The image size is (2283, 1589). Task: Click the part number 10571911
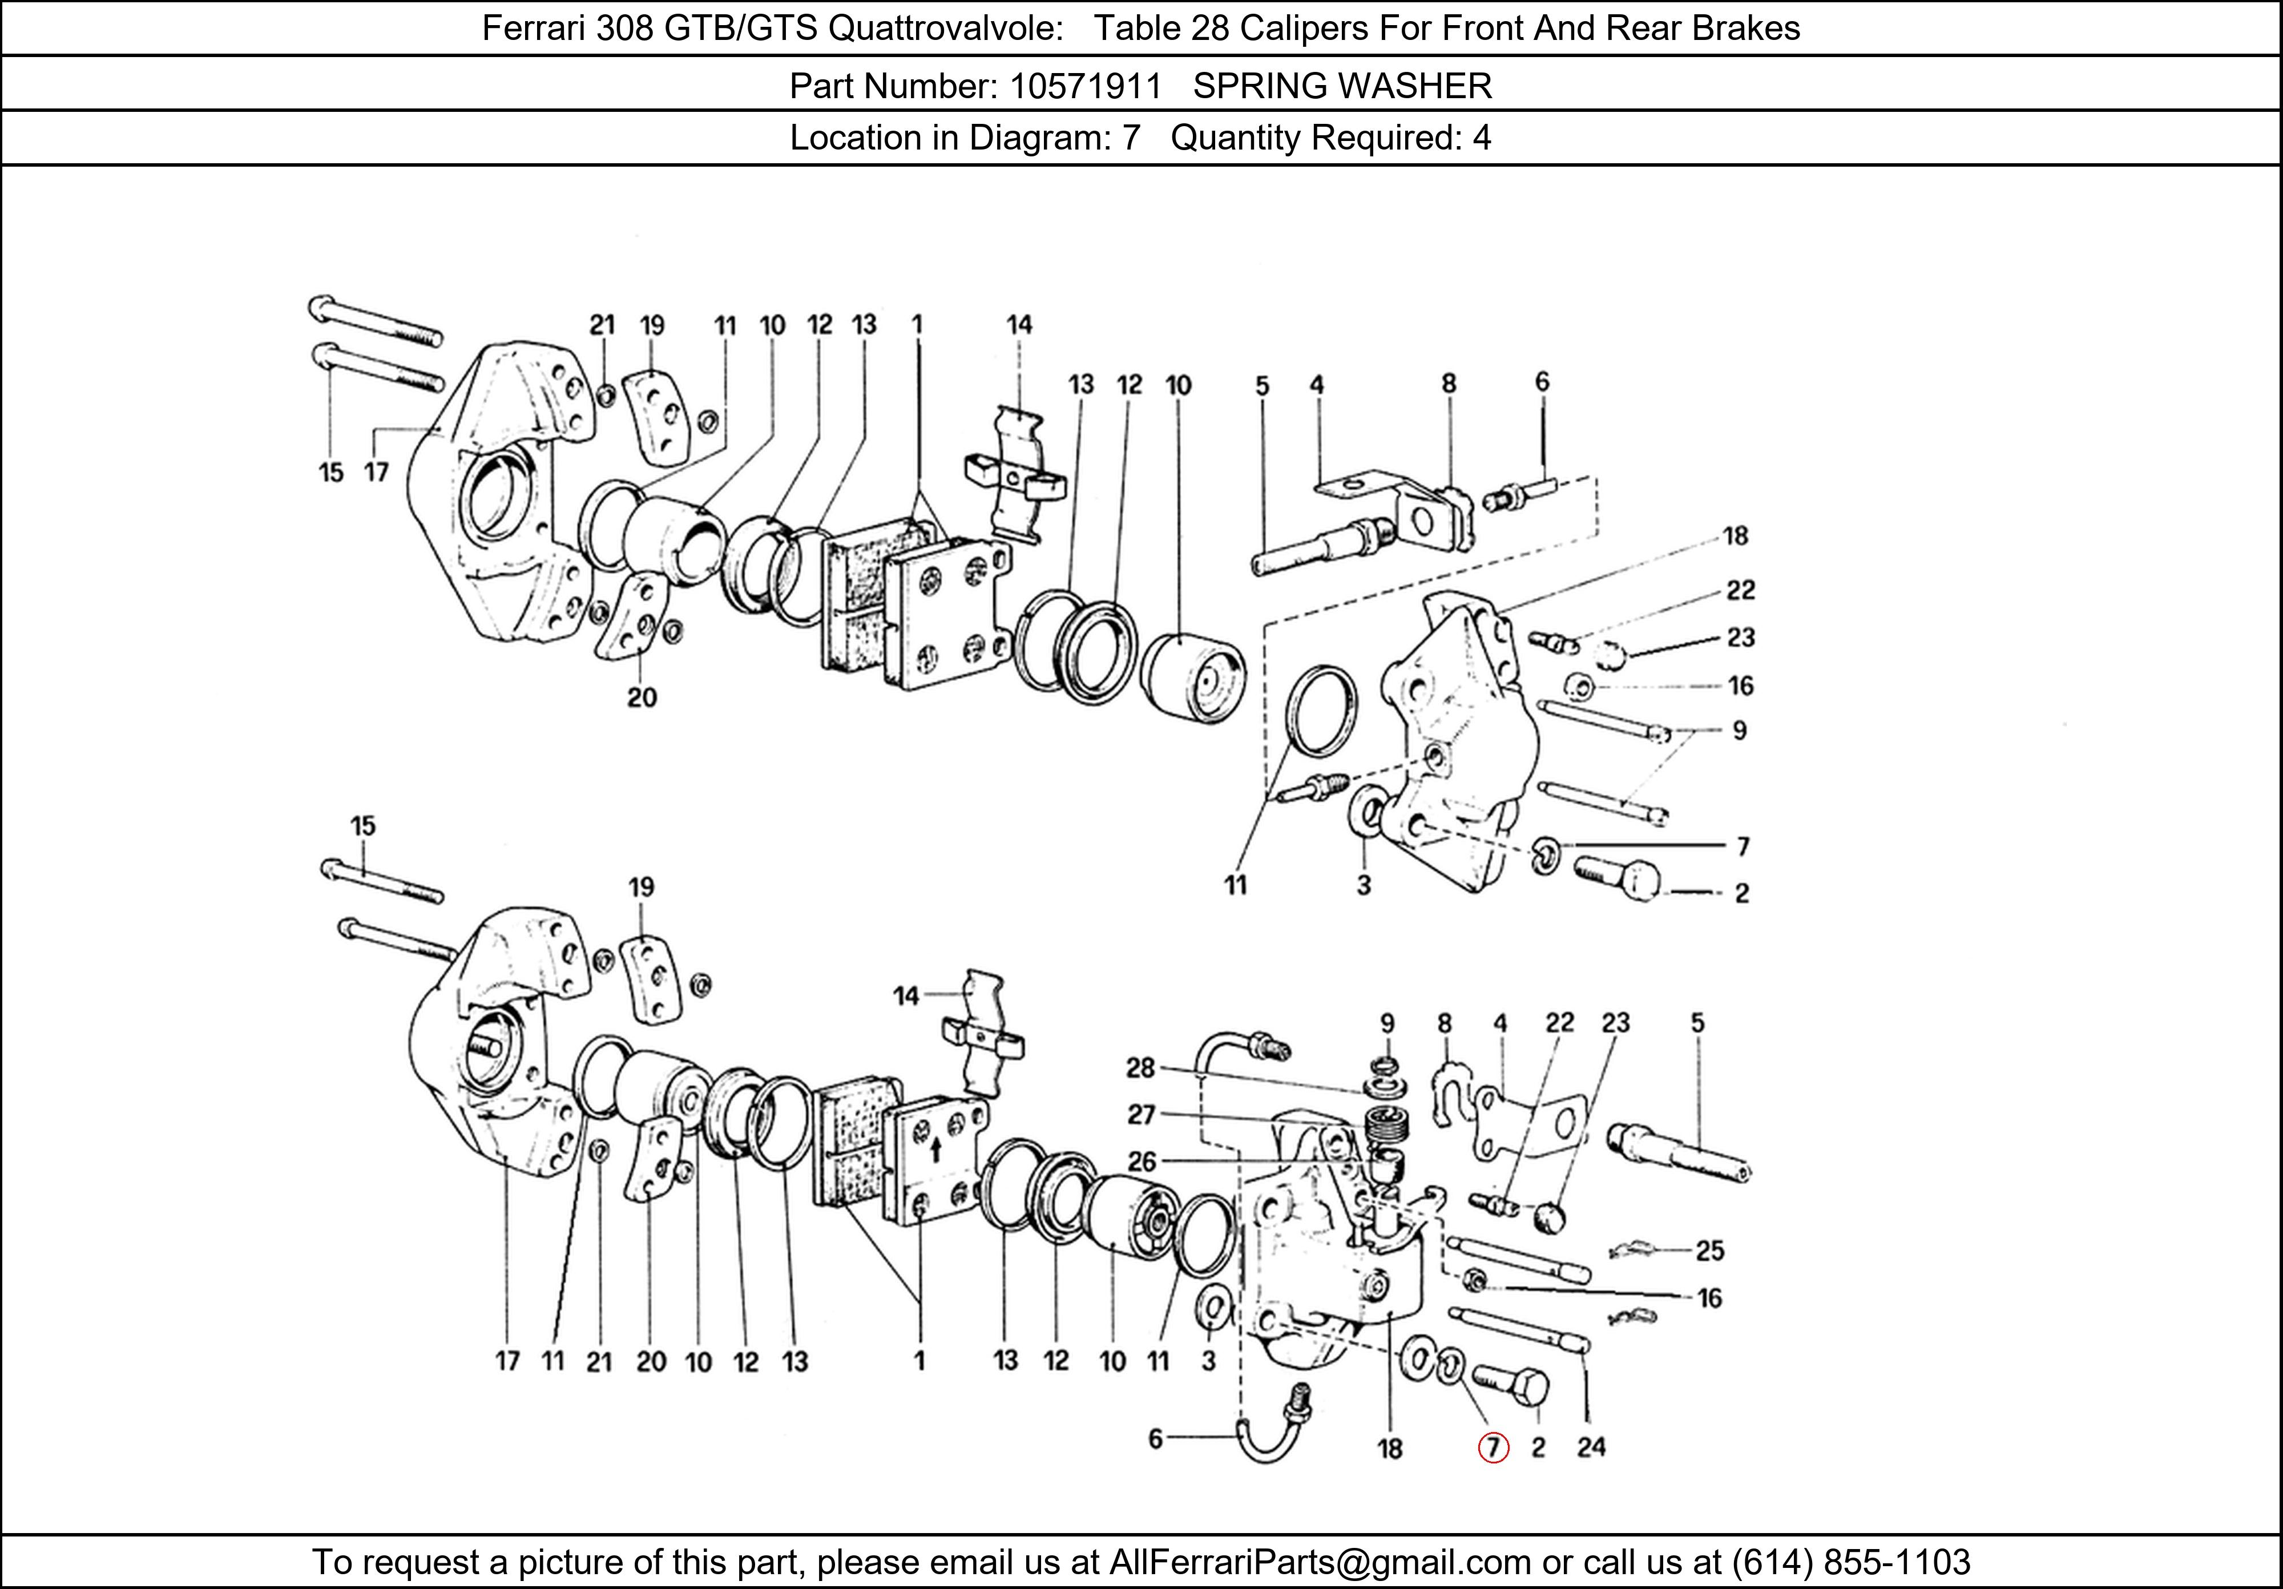click(1085, 87)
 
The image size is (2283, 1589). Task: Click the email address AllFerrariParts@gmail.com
click(1320, 1562)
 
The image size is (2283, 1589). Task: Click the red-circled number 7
click(1494, 1448)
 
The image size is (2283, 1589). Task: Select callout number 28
click(1140, 1068)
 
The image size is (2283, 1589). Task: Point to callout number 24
click(1591, 1447)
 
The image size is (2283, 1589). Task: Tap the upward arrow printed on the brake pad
click(935, 1151)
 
